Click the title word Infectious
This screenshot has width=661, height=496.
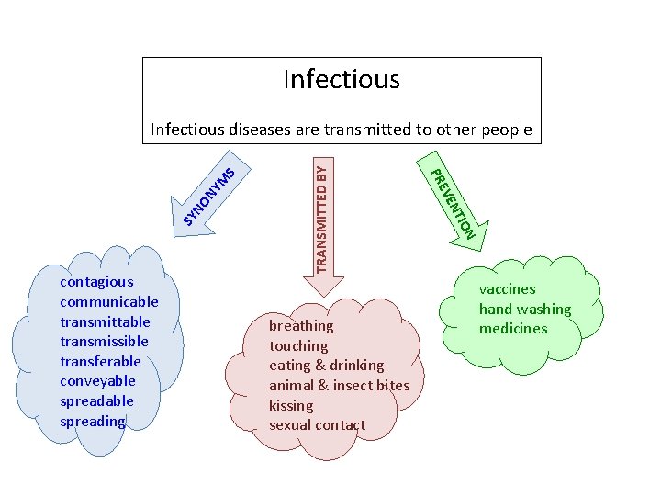342,80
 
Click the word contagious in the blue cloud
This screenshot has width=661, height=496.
95,282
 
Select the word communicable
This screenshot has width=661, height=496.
108,301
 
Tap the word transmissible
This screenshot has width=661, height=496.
104,342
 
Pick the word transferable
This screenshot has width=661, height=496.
100,361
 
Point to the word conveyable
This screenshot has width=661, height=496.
97,381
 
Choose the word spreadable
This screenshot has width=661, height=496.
96,401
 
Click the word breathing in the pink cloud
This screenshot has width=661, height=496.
301,326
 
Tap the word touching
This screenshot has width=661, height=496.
298,346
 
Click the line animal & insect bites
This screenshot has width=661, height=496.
339,385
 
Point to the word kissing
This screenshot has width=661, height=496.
291,405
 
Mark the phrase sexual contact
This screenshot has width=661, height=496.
317,425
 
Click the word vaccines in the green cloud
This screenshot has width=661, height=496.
507,289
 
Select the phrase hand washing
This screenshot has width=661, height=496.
524,310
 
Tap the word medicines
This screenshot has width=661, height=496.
512,329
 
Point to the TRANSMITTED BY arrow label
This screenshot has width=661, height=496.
320,218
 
